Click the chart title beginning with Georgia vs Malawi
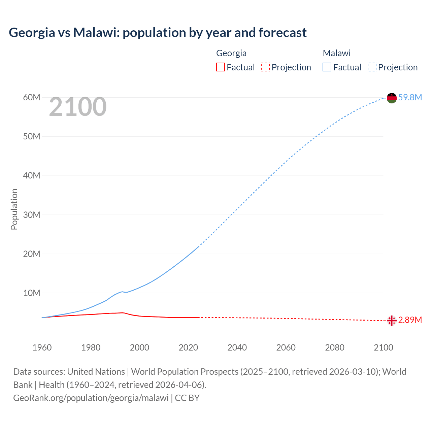(x=158, y=33)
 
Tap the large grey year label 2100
(x=78, y=107)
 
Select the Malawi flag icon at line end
(x=392, y=98)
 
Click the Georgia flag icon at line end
(x=392, y=321)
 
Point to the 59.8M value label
(x=410, y=98)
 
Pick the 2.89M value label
(x=410, y=320)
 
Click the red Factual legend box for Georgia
(x=221, y=67)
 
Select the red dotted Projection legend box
(x=265, y=67)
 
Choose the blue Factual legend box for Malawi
(x=327, y=67)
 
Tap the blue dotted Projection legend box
(x=372, y=67)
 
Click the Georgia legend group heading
(x=231, y=53)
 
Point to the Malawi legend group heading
(x=337, y=53)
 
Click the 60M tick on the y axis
(x=32, y=98)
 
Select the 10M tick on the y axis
(x=32, y=293)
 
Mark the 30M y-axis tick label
(x=32, y=215)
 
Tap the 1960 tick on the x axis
(x=42, y=347)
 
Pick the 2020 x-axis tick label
(x=188, y=347)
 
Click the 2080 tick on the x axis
(x=335, y=347)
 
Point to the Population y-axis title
(x=14, y=209)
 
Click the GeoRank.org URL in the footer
(x=91, y=398)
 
